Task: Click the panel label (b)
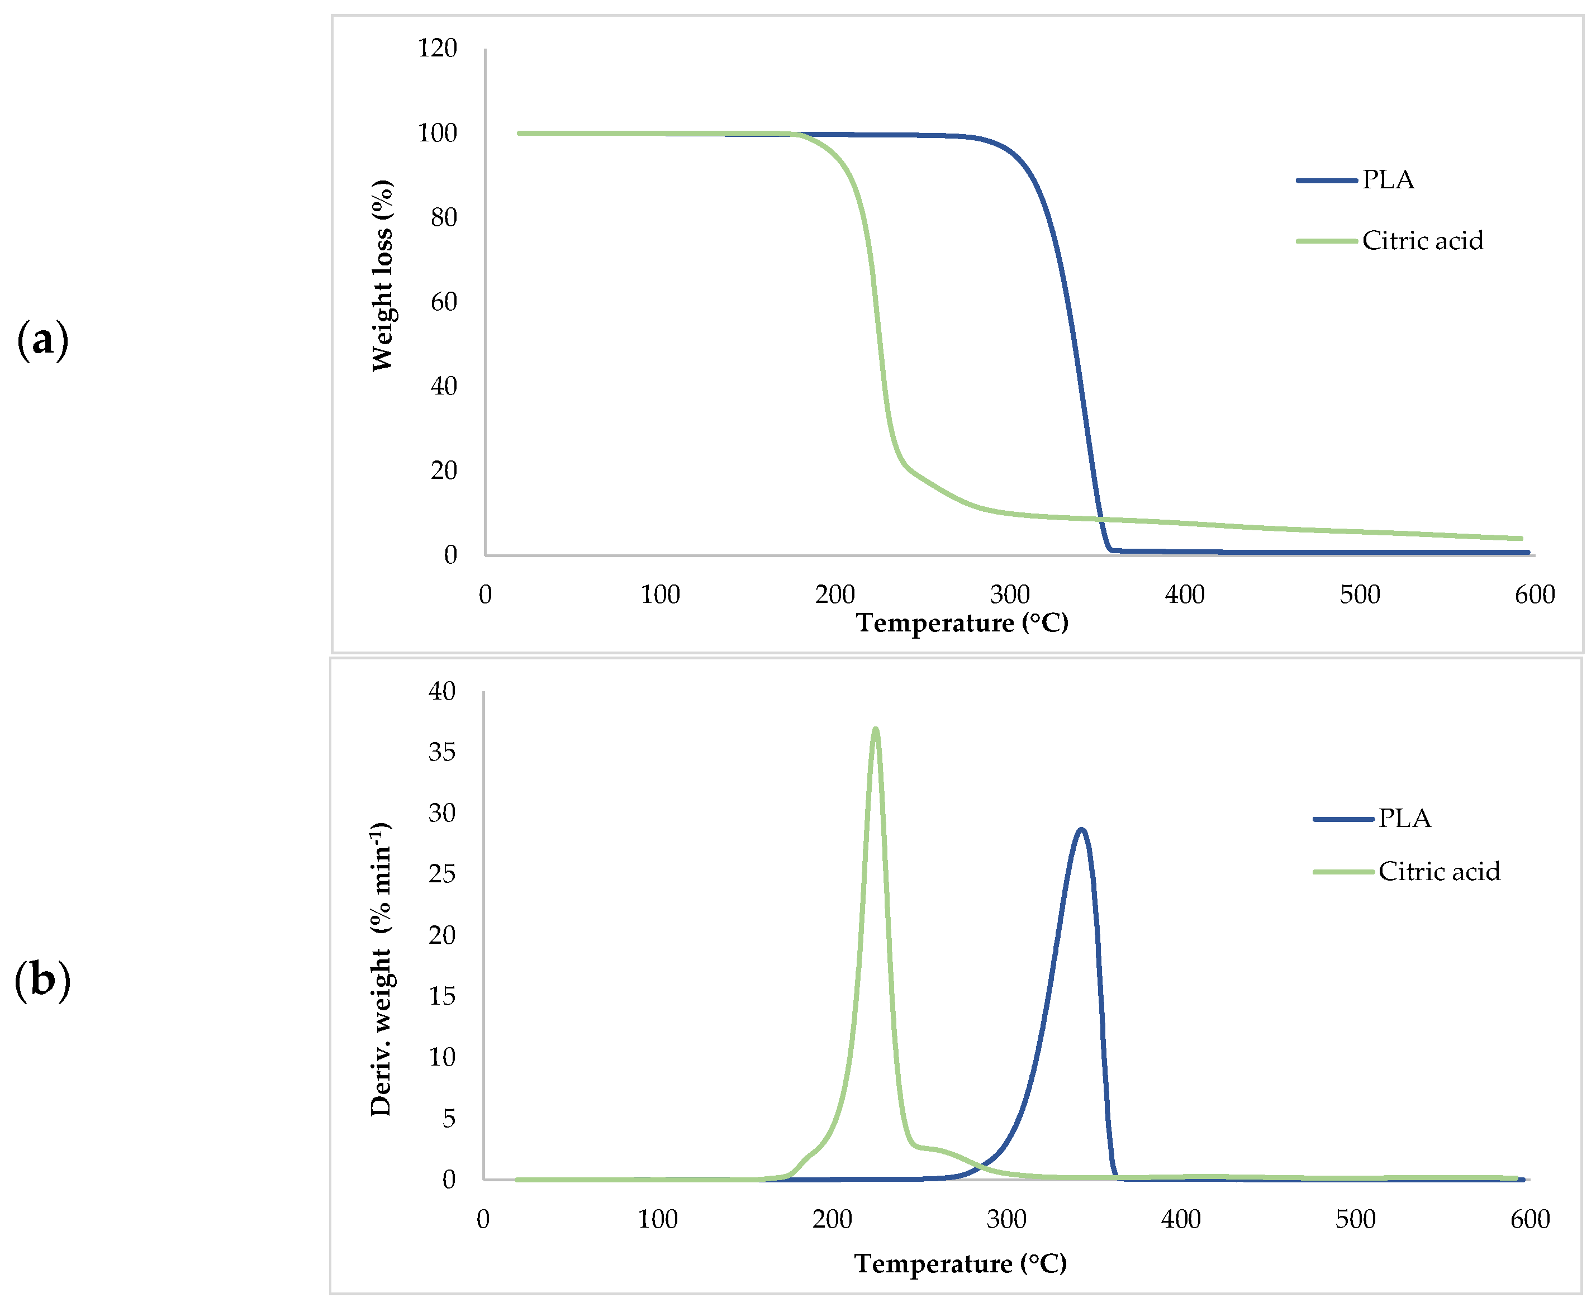click(42, 980)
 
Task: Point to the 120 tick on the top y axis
click(438, 49)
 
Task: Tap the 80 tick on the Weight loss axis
click(444, 218)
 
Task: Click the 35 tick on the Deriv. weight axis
click(442, 752)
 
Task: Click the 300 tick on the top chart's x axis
click(1010, 595)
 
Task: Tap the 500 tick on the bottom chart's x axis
click(1356, 1219)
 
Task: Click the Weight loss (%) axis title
click(382, 276)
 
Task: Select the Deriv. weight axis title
click(381, 969)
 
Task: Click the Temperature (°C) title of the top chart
click(962, 622)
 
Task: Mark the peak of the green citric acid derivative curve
click(875, 729)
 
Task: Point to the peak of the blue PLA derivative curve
click(1081, 829)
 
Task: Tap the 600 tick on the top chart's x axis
click(1534, 595)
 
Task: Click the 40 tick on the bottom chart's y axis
click(442, 691)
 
